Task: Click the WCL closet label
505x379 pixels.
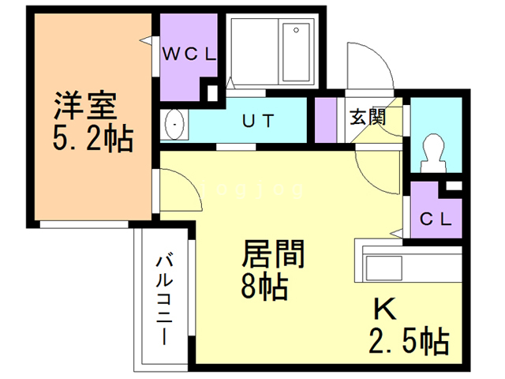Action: (x=189, y=54)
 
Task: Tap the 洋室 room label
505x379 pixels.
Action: (x=85, y=106)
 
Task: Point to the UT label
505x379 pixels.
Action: (x=258, y=121)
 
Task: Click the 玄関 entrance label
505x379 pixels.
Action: (x=368, y=117)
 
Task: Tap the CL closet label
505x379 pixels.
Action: (x=436, y=220)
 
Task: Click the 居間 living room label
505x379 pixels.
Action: (x=273, y=253)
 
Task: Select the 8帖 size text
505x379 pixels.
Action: (x=264, y=286)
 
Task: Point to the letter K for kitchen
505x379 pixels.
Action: (x=384, y=309)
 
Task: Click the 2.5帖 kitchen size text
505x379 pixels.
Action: (x=409, y=340)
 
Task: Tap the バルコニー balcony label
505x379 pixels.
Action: (x=165, y=300)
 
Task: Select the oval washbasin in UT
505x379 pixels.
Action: (x=174, y=124)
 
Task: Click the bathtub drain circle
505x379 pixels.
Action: (x=296, y=30)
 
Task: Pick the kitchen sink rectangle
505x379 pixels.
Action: (x=384, y=268)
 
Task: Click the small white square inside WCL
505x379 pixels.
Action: (x=212, y=93)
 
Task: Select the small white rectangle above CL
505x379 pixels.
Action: (x=454, y=186)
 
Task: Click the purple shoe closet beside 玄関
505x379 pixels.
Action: (x=325, y=120)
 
